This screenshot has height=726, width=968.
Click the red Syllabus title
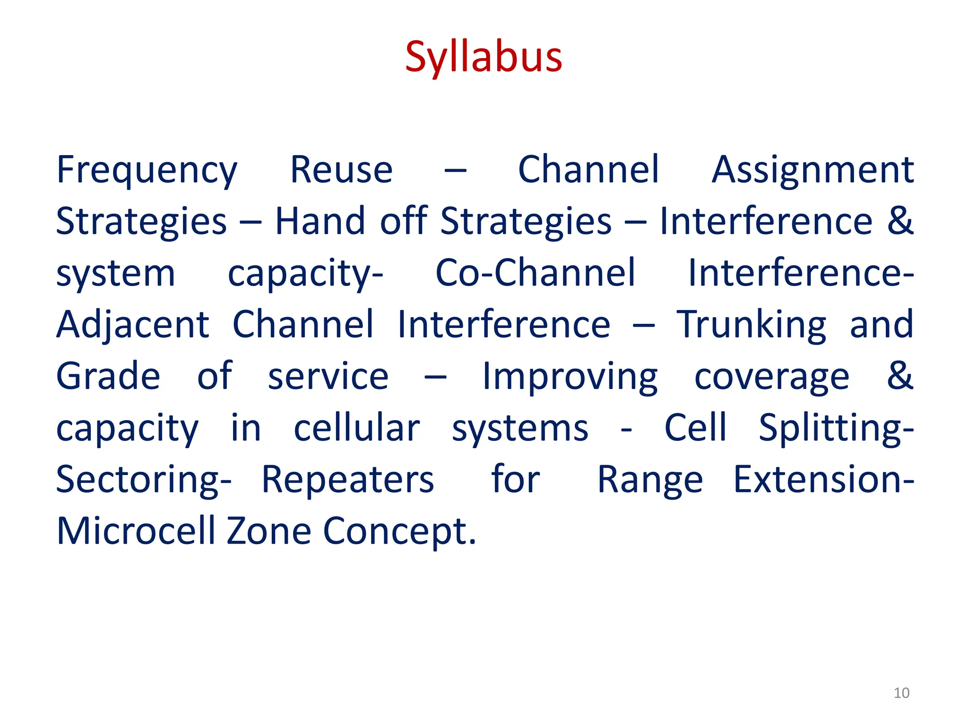point(484,58)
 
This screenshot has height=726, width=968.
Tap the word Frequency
point(147,170)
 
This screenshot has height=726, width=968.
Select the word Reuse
point(341,170)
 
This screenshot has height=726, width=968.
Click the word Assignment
point(812,170)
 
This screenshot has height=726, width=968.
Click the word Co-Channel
point(535,273)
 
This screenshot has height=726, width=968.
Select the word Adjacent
point(132,325)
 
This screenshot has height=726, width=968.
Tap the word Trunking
point(752,325)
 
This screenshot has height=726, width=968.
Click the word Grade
point(108,376)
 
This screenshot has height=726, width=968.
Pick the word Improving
point(570,376)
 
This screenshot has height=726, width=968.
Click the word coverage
point(772,377)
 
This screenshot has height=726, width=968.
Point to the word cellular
point(356,428)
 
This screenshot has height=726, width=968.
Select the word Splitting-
point(836,428)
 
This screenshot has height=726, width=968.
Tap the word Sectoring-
point(144,480)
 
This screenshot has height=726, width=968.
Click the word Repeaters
point(348,480)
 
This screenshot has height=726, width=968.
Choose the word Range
point(650,480)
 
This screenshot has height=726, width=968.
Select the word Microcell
point(136,531)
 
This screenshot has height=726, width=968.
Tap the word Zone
point(269,531)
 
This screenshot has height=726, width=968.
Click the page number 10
point(901,693)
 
